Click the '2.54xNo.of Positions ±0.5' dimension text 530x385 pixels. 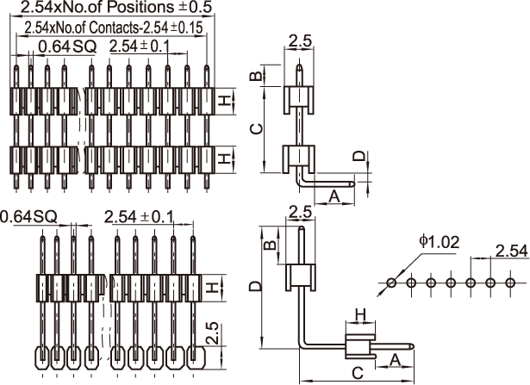tap(116, 7)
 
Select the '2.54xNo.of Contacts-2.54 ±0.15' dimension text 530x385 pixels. tap(114, 28)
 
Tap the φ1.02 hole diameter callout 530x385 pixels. tap(440, 242)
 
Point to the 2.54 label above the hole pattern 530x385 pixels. tap(511, 251)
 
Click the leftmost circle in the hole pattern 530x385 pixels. tap(391, 283)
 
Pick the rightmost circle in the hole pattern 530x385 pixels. tap(510, 283)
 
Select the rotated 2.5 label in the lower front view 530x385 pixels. tap(214, 334)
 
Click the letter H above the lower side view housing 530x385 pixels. tap(361, 315)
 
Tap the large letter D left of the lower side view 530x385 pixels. tap(256, 286)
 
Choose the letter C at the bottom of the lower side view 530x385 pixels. tap(358, 373)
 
